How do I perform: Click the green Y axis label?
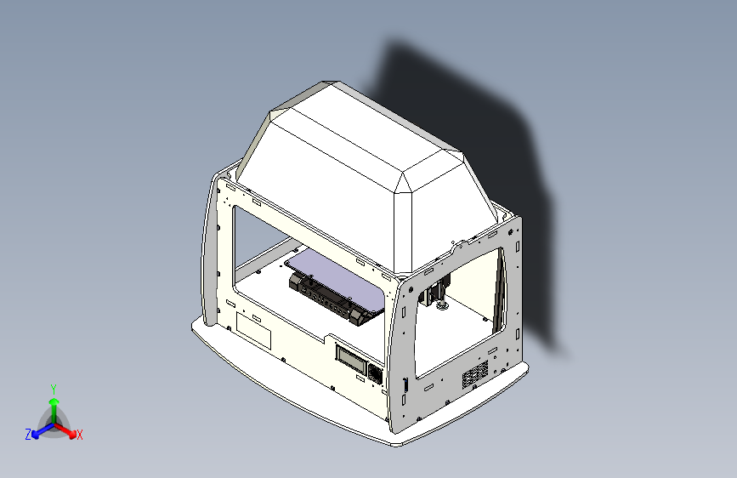point(53,388)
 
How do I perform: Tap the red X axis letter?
point(80,435)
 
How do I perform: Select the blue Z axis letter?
point(28,434)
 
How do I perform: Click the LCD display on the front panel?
point(351,358)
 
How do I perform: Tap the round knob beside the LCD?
point(374,372)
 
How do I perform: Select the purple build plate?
point(340,272)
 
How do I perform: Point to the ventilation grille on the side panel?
point(474,375)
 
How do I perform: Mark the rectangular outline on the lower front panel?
point(252,329)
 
